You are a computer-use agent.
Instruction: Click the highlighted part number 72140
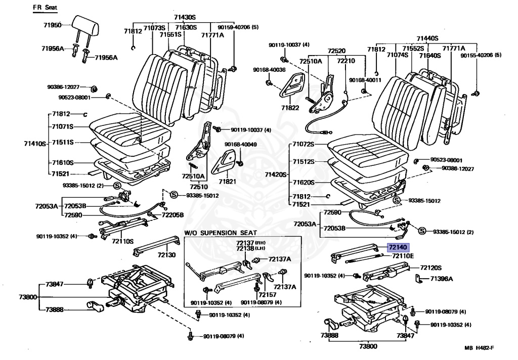click(397, 248)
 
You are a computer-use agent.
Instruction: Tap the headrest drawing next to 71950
click(83, 22)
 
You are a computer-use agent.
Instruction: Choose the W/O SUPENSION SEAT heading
click(218, 233)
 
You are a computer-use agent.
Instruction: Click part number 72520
click(336, 51)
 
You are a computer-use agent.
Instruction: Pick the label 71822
click(290, 108)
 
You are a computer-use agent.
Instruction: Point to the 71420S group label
click(275, 174)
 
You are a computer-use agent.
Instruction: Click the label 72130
click(166, 255)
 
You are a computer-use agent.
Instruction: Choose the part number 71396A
click(442, 279)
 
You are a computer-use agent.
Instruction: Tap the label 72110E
click(403, 256)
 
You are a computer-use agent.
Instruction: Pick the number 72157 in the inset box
click(268, 295)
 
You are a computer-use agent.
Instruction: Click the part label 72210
click(346, 61)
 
